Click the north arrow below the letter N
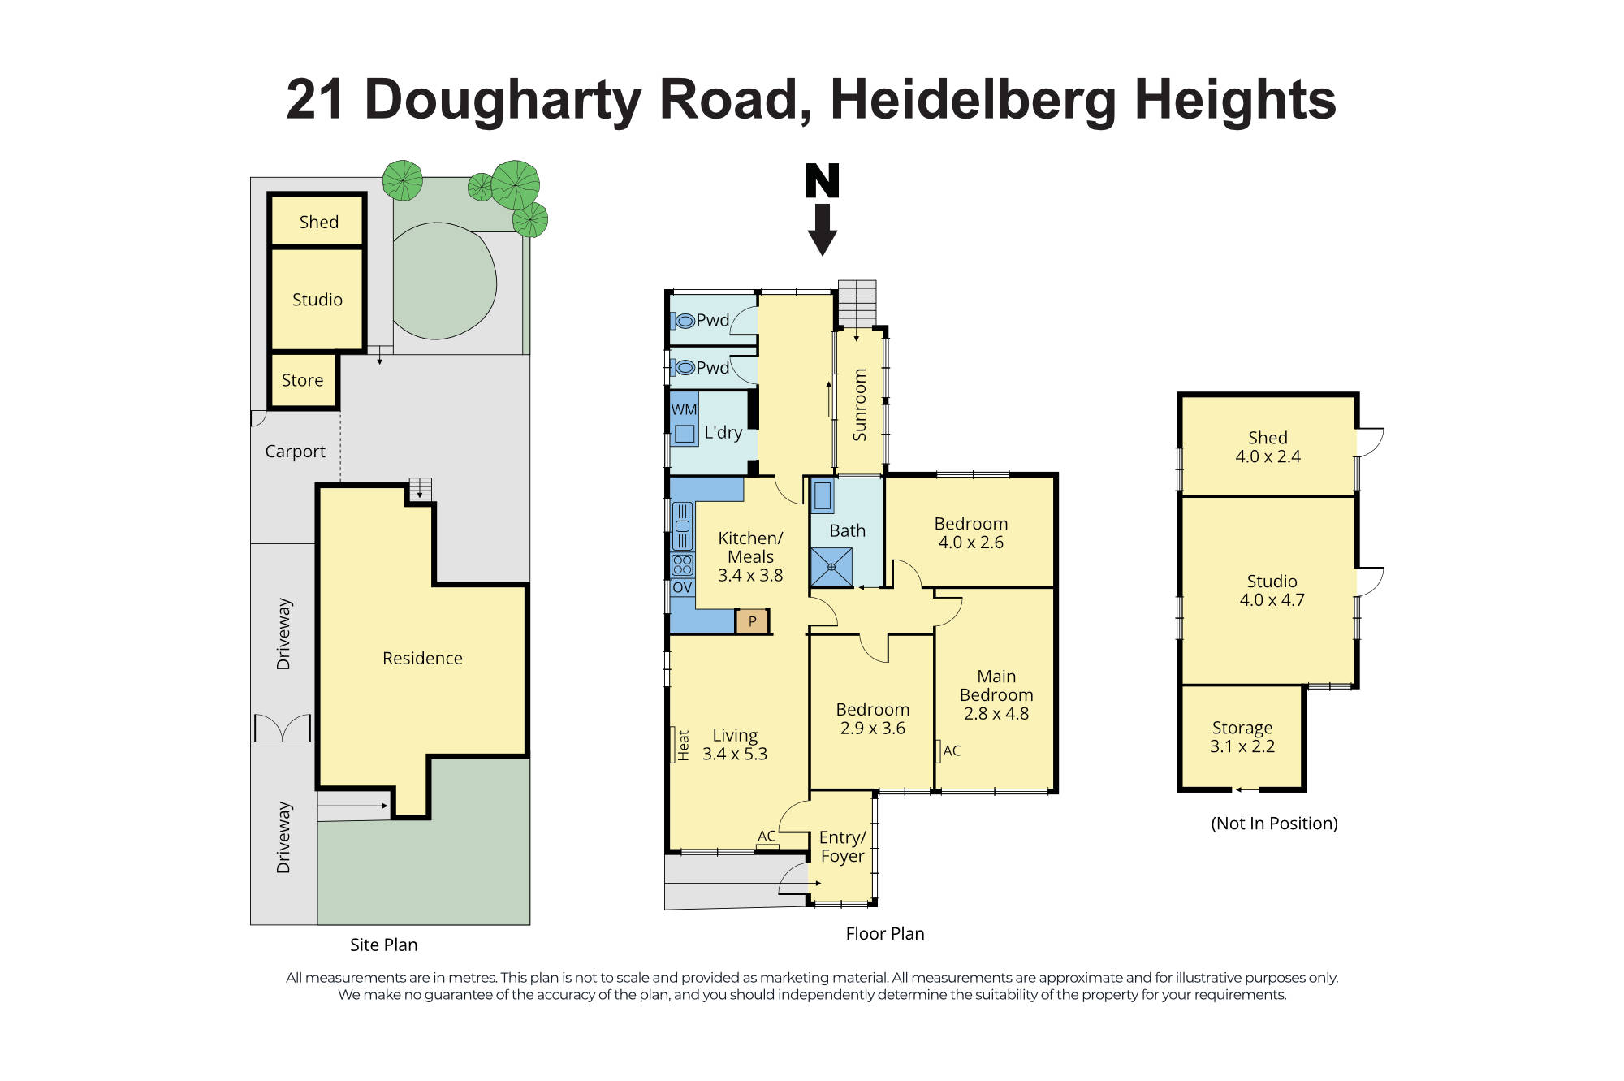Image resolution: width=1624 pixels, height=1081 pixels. coord(822,230)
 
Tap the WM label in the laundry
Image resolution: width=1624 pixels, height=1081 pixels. coord(684,409)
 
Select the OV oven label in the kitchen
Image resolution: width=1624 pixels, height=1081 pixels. coord(682,587)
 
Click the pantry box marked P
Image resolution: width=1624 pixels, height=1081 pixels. coord(752,621)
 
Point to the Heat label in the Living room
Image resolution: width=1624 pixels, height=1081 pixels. coord(683,745)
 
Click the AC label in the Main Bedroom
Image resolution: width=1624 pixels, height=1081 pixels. coord(952,751)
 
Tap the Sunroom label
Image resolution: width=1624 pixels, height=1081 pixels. coord(860,404)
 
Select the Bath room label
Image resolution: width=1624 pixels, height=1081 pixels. coord(847,530)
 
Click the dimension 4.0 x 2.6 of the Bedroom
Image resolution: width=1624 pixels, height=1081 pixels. coord(970,543)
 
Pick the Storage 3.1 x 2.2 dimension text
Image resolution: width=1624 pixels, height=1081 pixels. coord(1242,746)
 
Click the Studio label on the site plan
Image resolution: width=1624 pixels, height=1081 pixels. coord(317,300)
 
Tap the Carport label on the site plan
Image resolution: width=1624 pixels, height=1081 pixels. coord(295,452)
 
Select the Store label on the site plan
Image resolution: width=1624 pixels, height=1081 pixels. coord(302,380)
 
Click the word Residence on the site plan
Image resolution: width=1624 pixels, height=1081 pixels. coord(422,658)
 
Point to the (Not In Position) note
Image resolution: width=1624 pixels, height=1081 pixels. coord(1273,824)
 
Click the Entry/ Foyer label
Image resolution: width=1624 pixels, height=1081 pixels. coord(842,846)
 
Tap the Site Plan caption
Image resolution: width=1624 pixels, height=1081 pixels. coord(383,945)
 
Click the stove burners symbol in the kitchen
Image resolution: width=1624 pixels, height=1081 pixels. coord(682,564)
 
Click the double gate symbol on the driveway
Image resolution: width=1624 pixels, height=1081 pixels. coord(282,728)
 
